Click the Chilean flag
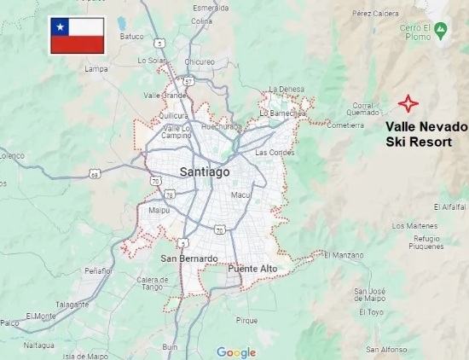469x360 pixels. (x=77, y=35)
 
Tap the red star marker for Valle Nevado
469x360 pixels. (x=408, y=103)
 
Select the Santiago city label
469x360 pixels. (x=205, y=172)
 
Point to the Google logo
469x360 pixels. (x=236, y=351)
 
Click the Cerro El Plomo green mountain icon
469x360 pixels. (x=440, y=32)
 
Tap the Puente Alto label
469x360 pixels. (x=253, y=269)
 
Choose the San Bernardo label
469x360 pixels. (x=189, y=258)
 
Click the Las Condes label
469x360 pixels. (x=274, y=152)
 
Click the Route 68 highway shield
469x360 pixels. (x=94, y=174)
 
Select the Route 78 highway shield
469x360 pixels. (x=171, y=196)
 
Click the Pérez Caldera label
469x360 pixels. (x=375, y=13)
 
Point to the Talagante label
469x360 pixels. (x=72, y=304)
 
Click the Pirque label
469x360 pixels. (x=246, y=321)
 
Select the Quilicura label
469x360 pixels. (x=173, y=115)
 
